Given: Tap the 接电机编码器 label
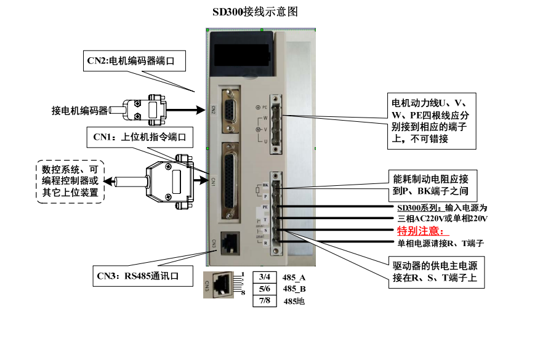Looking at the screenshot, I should click(79, 111).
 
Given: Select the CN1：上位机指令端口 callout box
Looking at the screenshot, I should click(139, 137).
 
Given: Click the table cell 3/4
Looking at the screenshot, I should click(265, 277).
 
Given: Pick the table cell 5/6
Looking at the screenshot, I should click(265, 289).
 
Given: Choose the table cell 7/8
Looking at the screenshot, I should click(265, 300).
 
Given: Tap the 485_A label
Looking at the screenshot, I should click(294, 277).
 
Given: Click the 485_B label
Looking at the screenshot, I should click(294, 289).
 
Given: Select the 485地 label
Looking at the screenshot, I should click(294, 301).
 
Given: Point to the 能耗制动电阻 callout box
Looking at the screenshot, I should click(431, 185).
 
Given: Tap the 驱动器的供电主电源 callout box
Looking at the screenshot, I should click(435, 272).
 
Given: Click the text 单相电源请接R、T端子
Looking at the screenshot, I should click(440, 243).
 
